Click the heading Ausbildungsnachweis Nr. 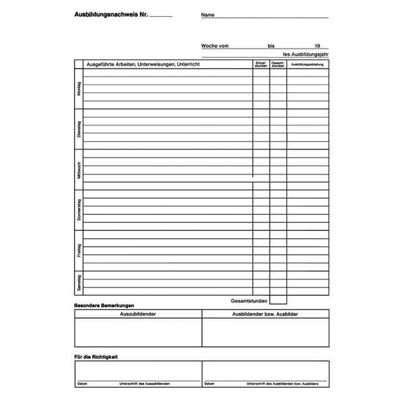click(x=111, y=14)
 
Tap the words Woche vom click(x=215, y=46)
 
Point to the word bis click(x=271, y=46)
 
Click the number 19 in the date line click(x=317, y=46)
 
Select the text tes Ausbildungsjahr click(x=306, y=54)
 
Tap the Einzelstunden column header click(x=261, y=65)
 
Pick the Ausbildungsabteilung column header click(x=308, y=65)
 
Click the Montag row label click(x=79, y=88)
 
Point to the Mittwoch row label click(x=79, y=169)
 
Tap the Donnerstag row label click(x=79, y=210)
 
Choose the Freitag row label click(x=79, y=250)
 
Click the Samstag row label click(x=79, y=283)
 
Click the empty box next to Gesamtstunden click(x=278, y=300)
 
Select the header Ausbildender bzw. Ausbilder click(x=265, y=314)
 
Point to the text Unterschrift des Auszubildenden click(x=144, y=384)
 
